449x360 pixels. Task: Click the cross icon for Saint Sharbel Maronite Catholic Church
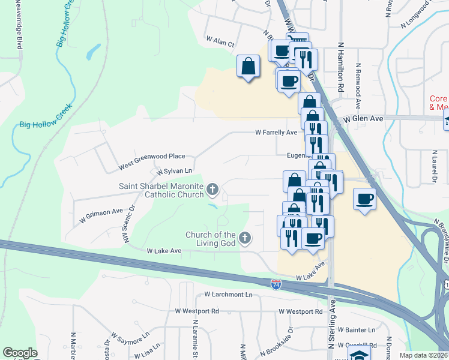click(212, 190)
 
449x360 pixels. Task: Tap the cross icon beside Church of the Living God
click(244, 239)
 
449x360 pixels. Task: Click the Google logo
click(20, 353)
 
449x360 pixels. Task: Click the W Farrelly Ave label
click(276, 132)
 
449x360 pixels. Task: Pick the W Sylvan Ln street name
click(175, 171)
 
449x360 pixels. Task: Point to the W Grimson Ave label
click(101, 216)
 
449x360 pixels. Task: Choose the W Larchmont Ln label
click(228, 295)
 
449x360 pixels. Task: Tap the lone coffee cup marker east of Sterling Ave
click(364, 199)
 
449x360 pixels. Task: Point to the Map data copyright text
click(424, 355)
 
